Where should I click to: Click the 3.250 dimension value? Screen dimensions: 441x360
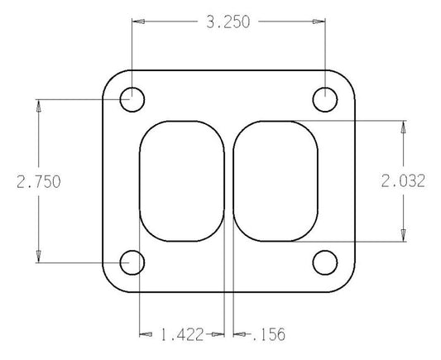(x=228, y=22)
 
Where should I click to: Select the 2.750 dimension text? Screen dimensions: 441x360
(x=39, y=182)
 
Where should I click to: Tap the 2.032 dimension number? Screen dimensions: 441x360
(x=403, y=181)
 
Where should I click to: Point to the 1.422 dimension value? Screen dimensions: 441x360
(x=182, y=334)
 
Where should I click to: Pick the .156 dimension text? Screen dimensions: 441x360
(x=269, y=334)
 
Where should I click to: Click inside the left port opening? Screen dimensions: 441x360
(x=182, y=181)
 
